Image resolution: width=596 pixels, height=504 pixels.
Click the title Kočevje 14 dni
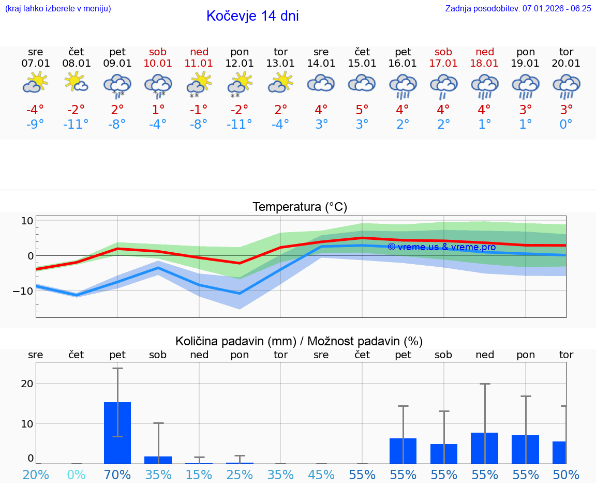(252, 16)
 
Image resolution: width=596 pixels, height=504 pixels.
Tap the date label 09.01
(117, 64)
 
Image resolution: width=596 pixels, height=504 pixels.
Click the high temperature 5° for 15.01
(362, 110)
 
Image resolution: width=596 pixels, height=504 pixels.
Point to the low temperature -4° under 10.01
(158, 125)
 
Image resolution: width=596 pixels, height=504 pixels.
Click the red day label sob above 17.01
(443, 52)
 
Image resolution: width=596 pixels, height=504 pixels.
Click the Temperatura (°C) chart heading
(300, 207)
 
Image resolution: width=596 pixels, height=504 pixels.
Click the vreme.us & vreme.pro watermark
(441, 247)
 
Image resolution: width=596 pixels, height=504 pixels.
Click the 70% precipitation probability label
(117, 475)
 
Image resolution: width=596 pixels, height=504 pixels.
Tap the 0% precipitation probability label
(76, 475)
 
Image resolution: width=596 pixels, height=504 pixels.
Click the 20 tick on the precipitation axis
(27, 384)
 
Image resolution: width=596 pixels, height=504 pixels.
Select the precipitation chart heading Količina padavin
(299, 341)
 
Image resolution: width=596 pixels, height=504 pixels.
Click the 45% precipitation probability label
(321, 475)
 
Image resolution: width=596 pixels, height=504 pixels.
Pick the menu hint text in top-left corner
(57, 8)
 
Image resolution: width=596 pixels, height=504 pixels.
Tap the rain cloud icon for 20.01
(566, 86)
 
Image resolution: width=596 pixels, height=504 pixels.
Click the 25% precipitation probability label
(240, 475)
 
